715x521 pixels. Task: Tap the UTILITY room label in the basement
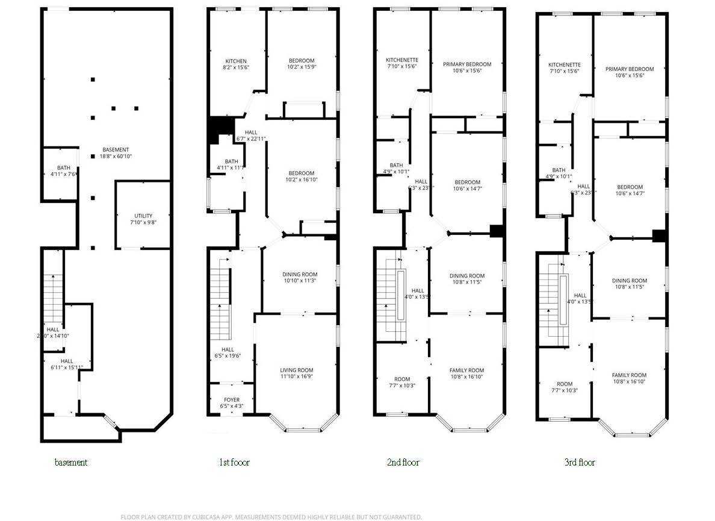tap(143, 216)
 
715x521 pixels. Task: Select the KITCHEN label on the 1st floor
tap(236, 61)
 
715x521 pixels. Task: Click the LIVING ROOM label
tap(297, 370)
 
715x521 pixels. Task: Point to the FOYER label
tap(232, 400)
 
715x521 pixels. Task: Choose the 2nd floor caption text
tap(403, 463)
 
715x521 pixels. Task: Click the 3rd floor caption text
tap(580, 463)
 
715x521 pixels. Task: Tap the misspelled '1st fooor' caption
tap(234, 463)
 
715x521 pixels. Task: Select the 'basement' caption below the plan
tap(71, 463)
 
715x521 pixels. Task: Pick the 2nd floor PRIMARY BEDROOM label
tap(467, 64)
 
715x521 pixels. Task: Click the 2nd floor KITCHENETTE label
tap(402, 60)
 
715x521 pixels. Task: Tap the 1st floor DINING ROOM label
tap(300, 275)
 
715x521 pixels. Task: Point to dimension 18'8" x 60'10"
tap(116, 157)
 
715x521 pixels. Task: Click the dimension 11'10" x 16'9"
tap(297, 377)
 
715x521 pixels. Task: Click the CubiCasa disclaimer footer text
tap(271, 517)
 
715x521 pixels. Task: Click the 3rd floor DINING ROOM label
tap(630, 281)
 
